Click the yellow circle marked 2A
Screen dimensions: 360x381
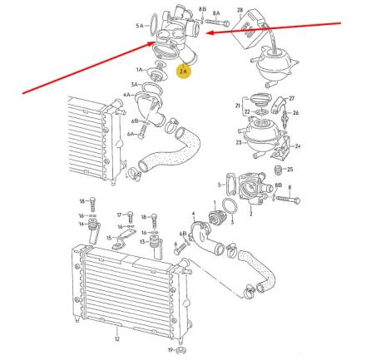point(185,72)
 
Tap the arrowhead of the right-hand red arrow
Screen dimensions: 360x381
point(208,33)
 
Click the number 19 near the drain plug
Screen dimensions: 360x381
point(170,349)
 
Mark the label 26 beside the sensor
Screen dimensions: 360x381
point(296,112)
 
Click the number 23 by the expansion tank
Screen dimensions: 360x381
point(239,142)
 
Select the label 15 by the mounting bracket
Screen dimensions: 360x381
point(109,238)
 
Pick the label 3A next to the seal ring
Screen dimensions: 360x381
point(135,85)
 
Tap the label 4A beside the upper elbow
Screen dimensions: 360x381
point(127,96)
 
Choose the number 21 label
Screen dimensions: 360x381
point(238,107)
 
